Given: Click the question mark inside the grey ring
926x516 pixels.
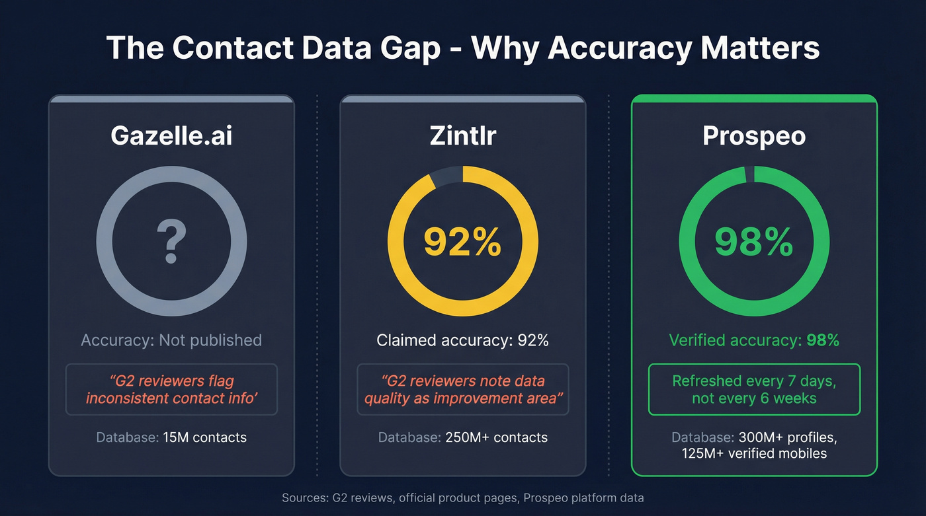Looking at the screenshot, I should click(171, 242).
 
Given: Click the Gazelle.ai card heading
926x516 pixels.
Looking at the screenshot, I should click(171, 135).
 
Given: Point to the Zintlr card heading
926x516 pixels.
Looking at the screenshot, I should click(462, 135).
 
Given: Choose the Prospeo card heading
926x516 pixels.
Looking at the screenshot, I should click(754, 135).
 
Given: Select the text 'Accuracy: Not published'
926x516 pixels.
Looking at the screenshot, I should click(171, 340).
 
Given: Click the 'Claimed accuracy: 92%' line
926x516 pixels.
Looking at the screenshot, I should click(462, 340).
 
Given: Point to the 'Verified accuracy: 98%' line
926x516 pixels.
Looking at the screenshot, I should click(754, 340).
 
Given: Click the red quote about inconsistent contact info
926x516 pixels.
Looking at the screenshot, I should click(171, 389).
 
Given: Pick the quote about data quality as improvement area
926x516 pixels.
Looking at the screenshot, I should click(462, 389).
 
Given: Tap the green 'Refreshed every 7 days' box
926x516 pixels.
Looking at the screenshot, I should click(754, 389).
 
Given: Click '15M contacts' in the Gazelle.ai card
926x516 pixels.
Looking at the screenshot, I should click(205, 437).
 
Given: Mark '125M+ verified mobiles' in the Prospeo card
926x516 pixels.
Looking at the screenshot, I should click(754, 454).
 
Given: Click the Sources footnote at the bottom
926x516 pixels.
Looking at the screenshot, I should click(462, 498).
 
